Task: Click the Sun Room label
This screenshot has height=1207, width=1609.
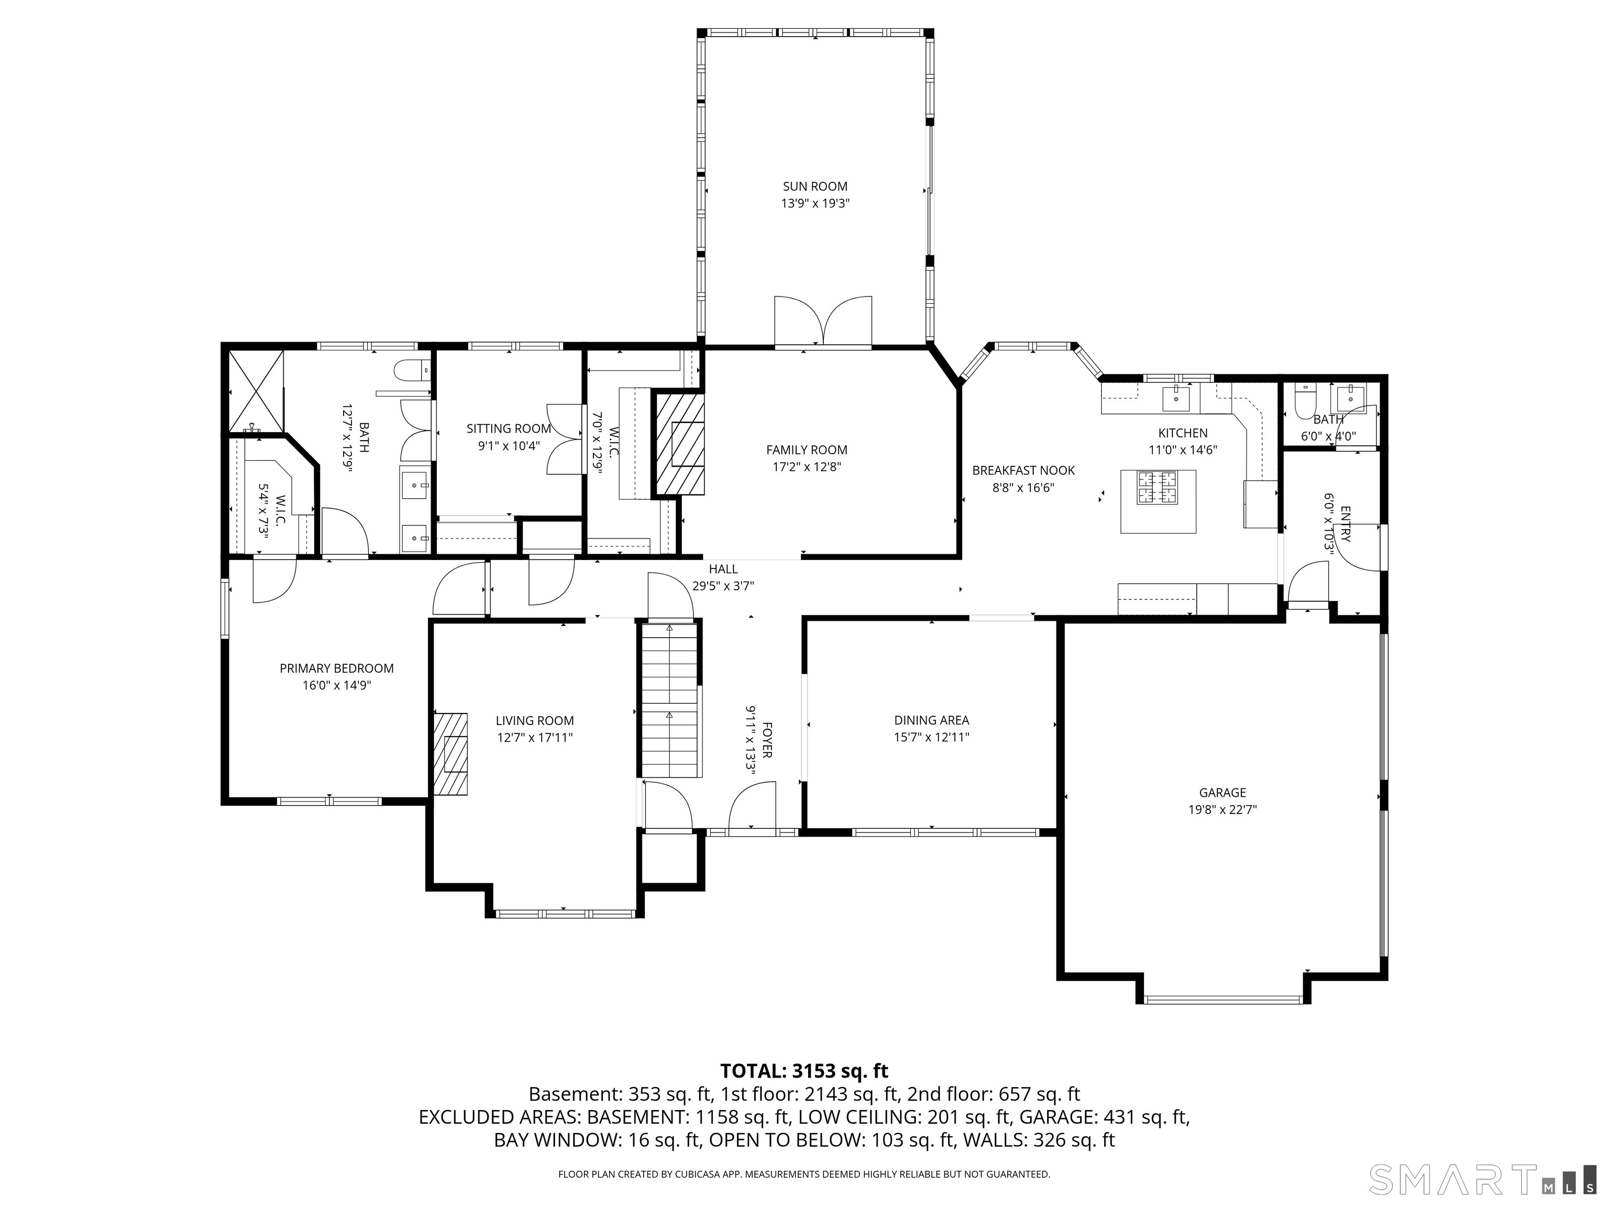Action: coord(814,186)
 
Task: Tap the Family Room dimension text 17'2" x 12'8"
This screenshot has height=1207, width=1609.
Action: coord(807,467)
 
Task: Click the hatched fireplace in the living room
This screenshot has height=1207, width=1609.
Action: coord(451,753)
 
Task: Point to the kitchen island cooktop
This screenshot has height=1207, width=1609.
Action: coord(1158,487)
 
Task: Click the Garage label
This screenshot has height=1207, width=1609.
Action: coord(1223,792)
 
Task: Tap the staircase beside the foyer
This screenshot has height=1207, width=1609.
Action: coord(669,699)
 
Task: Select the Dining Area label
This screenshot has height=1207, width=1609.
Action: coord(932,720)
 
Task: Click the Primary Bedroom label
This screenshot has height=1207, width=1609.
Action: coord(337,668)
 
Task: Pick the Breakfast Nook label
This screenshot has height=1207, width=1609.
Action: coord(1023,471)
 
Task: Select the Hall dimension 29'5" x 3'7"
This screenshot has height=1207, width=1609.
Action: coord(722,586)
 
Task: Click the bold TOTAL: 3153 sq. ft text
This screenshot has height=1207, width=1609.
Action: coord(804,1071)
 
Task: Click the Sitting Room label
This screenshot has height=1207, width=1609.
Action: coord(509,429)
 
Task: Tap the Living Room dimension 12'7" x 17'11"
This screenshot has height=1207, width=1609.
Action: coord(535,738)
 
